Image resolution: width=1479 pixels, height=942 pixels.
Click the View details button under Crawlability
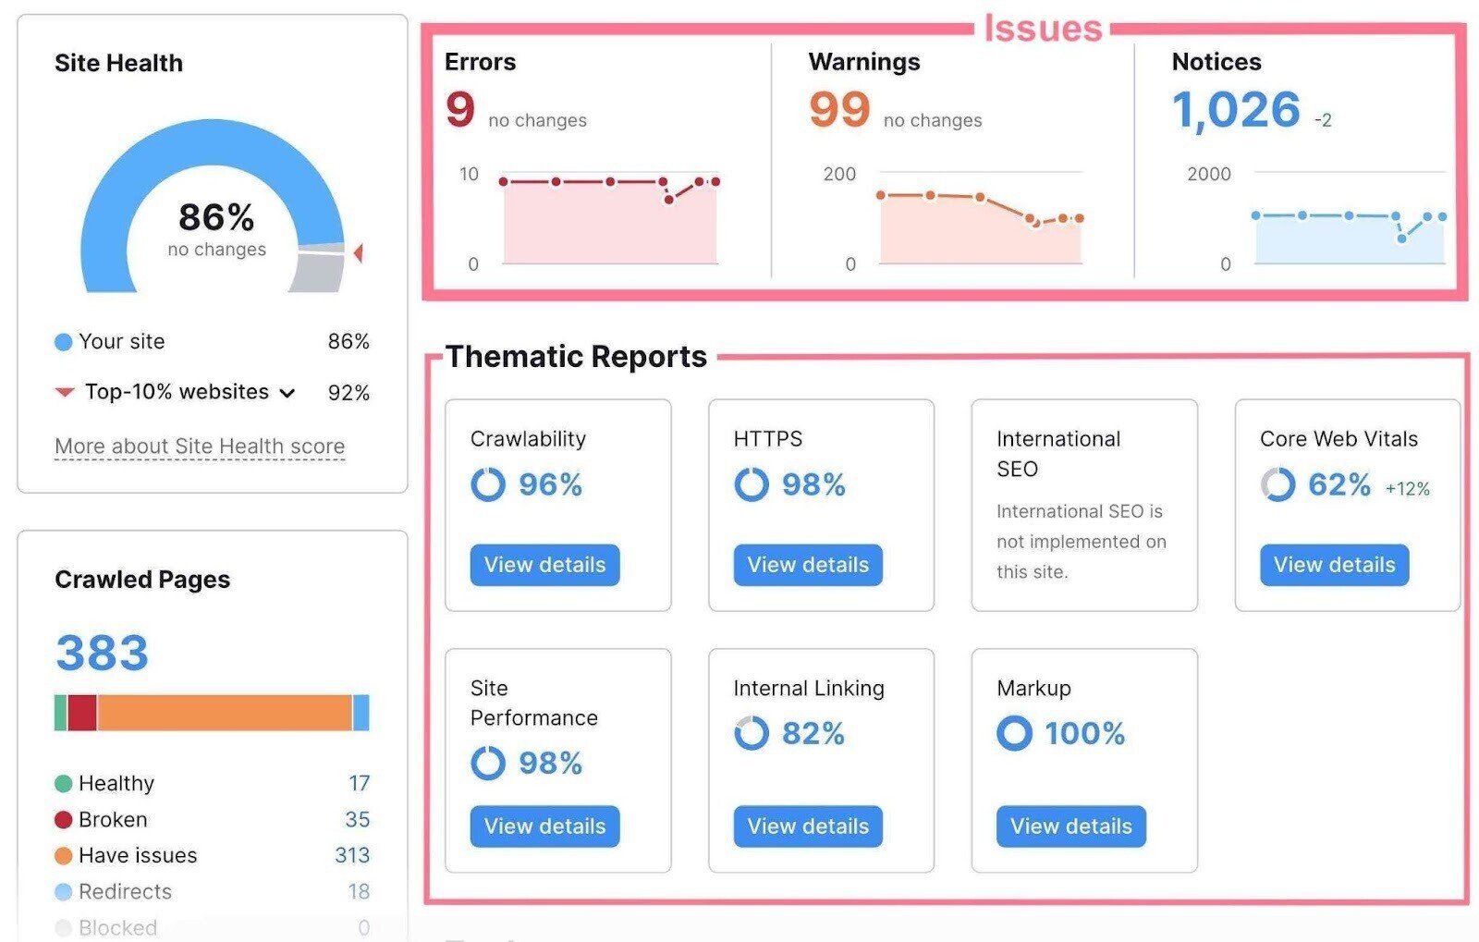coord(544,565)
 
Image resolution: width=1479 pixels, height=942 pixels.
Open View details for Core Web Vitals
coord(1334,565)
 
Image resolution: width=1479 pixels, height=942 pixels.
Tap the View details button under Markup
coord(1070,826)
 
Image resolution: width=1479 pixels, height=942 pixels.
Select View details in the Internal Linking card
coord(808,826)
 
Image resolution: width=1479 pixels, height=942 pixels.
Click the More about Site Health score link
coord(200,447)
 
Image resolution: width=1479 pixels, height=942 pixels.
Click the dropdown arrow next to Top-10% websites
coord(287,393)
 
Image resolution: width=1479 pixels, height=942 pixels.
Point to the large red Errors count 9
coord(460,109)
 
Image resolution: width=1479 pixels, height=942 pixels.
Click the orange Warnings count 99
coord(839,109)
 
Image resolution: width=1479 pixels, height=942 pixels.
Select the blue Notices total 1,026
coord(1236,111)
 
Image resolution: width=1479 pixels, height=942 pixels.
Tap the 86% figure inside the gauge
coord(216,218)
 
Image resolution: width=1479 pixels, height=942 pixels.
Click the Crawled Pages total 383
coord(103,653)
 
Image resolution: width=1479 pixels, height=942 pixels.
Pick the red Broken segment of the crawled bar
coord(82,713)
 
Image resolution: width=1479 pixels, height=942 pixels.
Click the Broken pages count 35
coord(357,819)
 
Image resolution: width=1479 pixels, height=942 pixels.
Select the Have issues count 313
coord(352,855)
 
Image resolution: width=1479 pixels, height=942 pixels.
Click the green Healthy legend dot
coord(63,784)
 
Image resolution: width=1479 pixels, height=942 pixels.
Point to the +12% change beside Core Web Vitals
coord(1407,489)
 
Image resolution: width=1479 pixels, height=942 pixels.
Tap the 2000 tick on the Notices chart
coord(1208,174)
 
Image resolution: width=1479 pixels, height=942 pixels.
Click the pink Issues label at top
coord(1043,29)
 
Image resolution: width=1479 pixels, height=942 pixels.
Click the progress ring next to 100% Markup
coord(1014,733)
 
